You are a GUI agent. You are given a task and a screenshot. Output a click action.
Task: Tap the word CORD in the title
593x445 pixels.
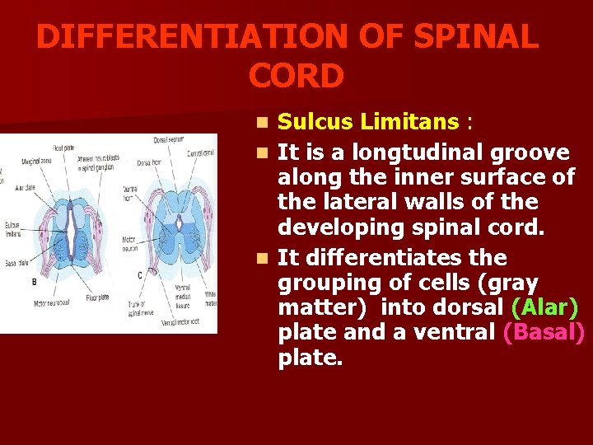[x=296, y=77]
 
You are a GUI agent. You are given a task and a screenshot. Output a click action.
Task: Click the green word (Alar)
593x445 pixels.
[x=544, y=307]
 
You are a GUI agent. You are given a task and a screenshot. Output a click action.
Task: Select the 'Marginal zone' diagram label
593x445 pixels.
[x=37, y=161]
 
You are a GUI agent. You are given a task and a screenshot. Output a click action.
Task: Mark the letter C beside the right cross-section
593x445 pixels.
[x=139, y=274]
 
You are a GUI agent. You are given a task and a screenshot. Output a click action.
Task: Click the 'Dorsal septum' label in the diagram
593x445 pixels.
[x=168, y=139]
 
